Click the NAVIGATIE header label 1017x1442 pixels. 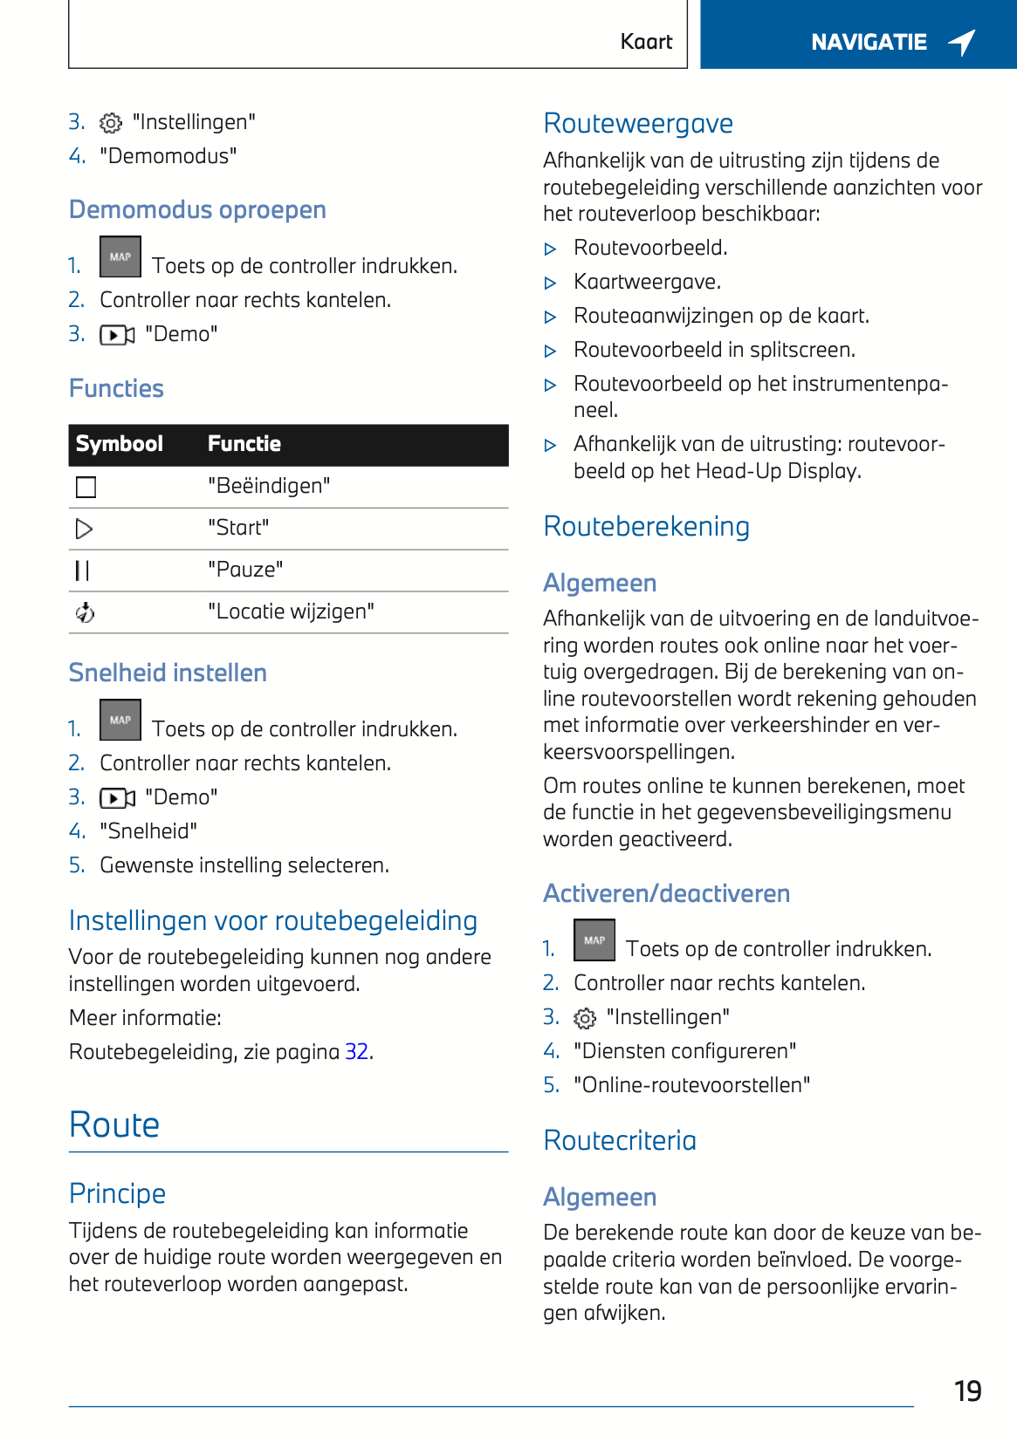tap(869, 42)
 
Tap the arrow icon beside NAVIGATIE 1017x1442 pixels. tap(962, 42)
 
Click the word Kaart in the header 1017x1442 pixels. tap(646, 42)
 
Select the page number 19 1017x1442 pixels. tap(967, 1391)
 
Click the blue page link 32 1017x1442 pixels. tap(356, 1051)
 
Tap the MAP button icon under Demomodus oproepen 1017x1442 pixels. tap(120, 257)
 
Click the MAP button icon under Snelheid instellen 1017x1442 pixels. tap(120, 721)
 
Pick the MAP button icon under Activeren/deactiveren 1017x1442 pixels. tap(594, 940)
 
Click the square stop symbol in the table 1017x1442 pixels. tap(86, 487)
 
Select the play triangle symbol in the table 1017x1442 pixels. tap(85, 529)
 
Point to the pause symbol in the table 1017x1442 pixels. tap(83, 571)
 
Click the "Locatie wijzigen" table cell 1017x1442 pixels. tap(291, 612)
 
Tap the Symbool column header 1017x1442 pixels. tap(120, 444)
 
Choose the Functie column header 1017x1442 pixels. tap(244, 444)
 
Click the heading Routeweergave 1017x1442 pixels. tap(638, 124)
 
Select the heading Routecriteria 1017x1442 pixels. tap(620, 1140)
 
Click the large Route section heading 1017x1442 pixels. tap(114, 1124)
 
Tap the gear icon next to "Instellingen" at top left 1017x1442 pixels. tap(111, 123)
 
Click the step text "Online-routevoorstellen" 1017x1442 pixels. tap(691, 1085)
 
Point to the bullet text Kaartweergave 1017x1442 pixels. tap(647, 282)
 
